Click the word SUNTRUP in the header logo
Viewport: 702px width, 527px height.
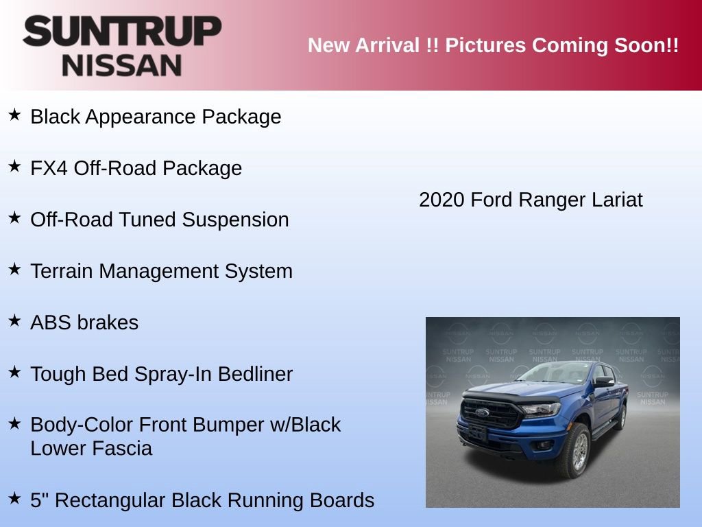122,32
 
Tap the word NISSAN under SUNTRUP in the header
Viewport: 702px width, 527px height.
122,65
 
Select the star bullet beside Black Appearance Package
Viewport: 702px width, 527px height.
14,115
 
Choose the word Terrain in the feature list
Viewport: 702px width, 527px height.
62,271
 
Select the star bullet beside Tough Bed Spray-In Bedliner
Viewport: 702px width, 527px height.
14,373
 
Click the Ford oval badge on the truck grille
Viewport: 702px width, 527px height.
482,413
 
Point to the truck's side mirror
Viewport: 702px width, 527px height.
603,382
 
